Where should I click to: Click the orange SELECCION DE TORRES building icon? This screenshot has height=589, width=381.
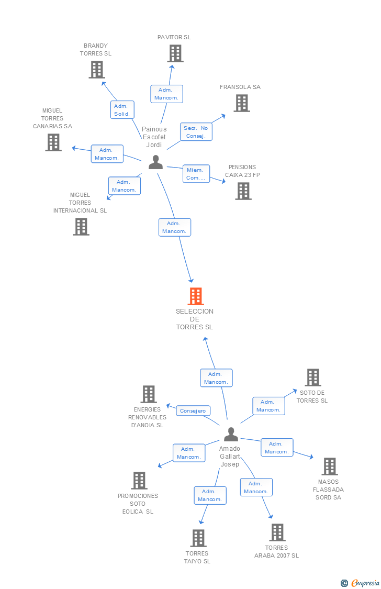pyautogui.click(x=195, y=296)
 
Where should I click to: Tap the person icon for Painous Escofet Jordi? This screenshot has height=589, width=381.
pyautogui.click(x=155, y=162)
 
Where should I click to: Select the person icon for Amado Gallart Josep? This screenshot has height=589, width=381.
pyautogui.click(x=231, y=435)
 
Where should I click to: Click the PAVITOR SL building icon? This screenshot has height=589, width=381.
pyautogui.click(x=175, y=53)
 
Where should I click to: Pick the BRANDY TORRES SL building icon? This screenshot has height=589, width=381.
pyautogui.click(x=96, y=70)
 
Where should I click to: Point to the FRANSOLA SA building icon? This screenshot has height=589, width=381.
pyautogui.click(x=241, y=103)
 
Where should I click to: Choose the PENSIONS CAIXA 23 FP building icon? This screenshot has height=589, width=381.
pyautogui.click(x=243, y=191)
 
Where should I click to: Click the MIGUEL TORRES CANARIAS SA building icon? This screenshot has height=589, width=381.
pyautogui.click(x=53, y=142)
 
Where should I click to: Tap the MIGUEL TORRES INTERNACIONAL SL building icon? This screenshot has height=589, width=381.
pyautogui.click(x=81, y=227)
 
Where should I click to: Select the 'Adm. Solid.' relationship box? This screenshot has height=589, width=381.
pyautogui.click(x=122, y=110)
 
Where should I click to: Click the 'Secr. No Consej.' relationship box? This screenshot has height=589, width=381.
pyautogui.click(x=196, y=132)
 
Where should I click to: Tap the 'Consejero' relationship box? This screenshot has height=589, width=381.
pyautogui.click(x=193, y=411)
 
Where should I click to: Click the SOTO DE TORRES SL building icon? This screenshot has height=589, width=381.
pyautogui.click(x=312, y=377)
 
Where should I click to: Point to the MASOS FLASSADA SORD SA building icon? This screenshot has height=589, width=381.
pyautogui.click(x=329, y=466)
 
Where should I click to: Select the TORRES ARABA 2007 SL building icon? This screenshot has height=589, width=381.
pyautogui.click(x=277, y=532)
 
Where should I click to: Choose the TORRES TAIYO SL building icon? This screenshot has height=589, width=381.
pyautogui.click(x=198, y=538)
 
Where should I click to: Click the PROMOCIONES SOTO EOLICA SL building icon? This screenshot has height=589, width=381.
pyautogui.click(x=139, y=481)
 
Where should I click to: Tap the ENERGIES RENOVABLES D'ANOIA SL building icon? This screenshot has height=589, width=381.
pyautogui.click(x=149, y=394)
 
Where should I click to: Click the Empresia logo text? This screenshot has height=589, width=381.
pyautogui.click(x=365, y=583)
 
